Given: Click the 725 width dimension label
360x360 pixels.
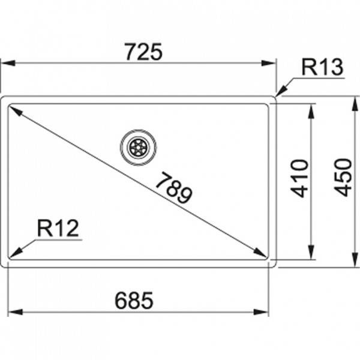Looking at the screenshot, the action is [144, 52].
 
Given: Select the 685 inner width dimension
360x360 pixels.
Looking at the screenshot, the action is [134, 301].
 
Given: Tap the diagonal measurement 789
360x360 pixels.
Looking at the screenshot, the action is [174, 188].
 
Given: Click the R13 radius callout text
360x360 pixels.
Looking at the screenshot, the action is [322, 67].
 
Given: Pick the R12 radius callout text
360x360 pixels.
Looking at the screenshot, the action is [58, 228].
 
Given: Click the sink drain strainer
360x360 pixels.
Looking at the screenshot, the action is [138, 147].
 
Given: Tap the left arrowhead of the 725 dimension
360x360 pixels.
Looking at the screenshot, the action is [8, 63].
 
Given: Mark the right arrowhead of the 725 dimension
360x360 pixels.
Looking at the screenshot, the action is [268, 63].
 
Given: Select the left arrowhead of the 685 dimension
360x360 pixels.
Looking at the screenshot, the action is [15, 312].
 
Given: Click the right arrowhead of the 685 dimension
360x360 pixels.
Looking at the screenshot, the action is [261, 312].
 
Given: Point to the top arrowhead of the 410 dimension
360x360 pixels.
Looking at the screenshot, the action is [311, 112].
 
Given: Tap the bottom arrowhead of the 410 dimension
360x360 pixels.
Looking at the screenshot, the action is [311, 252].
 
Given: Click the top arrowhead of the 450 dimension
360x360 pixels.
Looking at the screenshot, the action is [355, 103].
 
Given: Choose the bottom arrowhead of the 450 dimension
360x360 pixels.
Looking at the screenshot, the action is [355, 260].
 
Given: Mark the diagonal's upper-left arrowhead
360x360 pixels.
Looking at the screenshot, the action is [16, 110].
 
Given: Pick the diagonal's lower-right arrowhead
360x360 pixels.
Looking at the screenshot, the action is [260, 252].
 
